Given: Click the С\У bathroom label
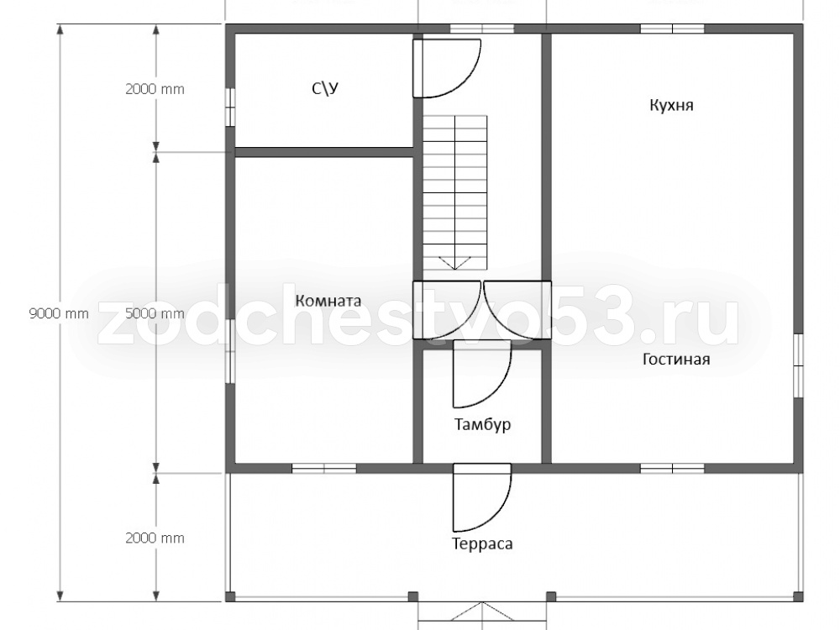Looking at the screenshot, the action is pyautogui.click(x=325, y=88).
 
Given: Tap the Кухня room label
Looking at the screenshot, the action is pyautogui.click(x=671, y=105).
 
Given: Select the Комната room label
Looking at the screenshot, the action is pyautogui.click(x=328, y=301).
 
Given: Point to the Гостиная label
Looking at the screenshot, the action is pyautogui.click(x=676, y=359).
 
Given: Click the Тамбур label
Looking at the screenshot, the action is pyautogui.click(x=483, y=424).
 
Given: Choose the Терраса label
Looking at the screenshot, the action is pyautogui.click(x=483, y=543).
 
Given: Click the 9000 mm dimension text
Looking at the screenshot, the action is pyautogui.click(x=59, y=313).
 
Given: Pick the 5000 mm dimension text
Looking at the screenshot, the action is pyautogui.click(x=155, y=313).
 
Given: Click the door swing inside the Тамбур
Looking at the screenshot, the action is pyautogui.click(x=482, y=374).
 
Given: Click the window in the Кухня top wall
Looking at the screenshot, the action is pyautogui.click(x=672, y=29).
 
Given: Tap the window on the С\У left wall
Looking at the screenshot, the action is pyautogui.click(x=230, y=108).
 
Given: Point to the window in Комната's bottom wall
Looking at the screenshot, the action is pyautogui.click(x=324, y=468).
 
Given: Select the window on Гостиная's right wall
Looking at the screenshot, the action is pyautogui.click(x=798, y=366).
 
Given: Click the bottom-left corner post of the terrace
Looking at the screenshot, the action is pyautogui.click(x=230, y=596).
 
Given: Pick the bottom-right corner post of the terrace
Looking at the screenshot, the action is pyautogui.click(x=798, y=596).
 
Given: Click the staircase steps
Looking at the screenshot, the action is pyautogui.click(x=454, y=193).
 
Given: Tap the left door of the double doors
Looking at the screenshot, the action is pyautogui.click(x=446, y=310).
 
